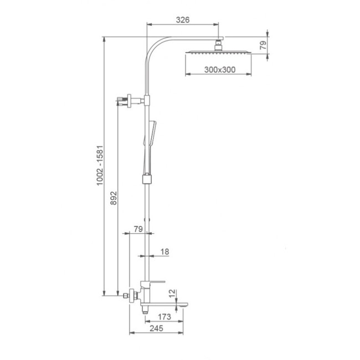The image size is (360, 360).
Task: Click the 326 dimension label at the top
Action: click(183, 20)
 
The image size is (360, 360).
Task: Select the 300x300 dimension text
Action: click(220, 70)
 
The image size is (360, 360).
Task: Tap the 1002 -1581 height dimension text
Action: click(100, 165)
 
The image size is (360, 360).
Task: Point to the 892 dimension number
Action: click(114, 198)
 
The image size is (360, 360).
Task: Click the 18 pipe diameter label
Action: click(164, 251)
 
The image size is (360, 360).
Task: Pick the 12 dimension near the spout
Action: click(172, 293)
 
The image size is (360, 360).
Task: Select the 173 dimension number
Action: click(164, 317)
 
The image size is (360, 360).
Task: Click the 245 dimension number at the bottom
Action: click(156, 328)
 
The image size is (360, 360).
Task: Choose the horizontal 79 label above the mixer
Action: click(138, 229)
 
